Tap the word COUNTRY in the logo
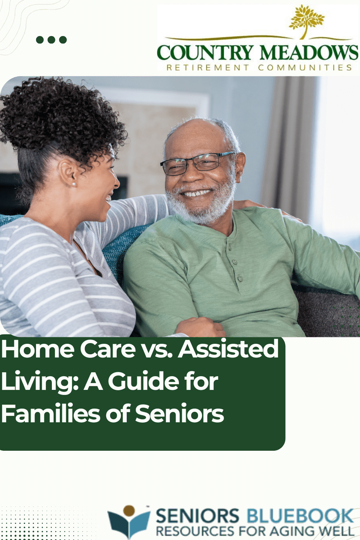205,52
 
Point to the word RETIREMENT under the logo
208,68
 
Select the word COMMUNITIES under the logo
305,68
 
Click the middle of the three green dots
51,40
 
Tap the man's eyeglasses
198,163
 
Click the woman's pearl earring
74,184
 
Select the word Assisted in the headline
228,348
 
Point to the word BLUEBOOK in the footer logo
300,515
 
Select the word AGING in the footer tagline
291,531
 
